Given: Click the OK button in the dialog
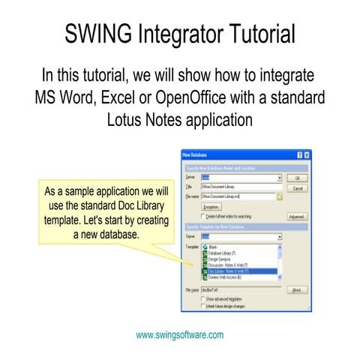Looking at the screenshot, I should point(298,178).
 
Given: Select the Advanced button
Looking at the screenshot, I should point(297,216).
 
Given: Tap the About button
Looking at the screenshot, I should point(297,289).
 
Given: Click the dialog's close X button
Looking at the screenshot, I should point(306,154).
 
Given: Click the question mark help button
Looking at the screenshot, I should point(298,154).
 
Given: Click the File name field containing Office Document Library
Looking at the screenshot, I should point(236,196).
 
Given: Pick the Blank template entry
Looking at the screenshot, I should point(220,246).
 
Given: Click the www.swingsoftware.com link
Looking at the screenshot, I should point(179,335).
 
